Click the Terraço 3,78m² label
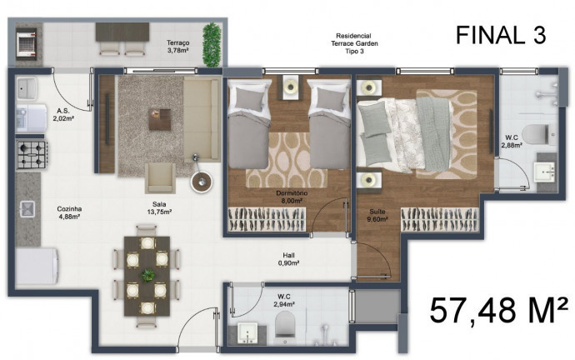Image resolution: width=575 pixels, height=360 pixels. tap(177, 46)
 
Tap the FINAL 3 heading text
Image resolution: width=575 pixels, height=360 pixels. tap(500, 35)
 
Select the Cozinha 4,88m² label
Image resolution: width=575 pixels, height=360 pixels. tap(69, 213)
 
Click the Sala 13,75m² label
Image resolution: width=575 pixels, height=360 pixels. tap(158, 209)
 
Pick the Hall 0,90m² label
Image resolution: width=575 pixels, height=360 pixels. tap(288, 259)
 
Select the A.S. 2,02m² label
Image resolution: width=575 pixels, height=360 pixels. tap(62, 115)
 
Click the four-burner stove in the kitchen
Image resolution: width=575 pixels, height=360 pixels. tap(32, 152)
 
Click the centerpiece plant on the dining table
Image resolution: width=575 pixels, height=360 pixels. tap(147, 275)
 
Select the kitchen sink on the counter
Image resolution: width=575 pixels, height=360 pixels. tap(27, 209)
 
